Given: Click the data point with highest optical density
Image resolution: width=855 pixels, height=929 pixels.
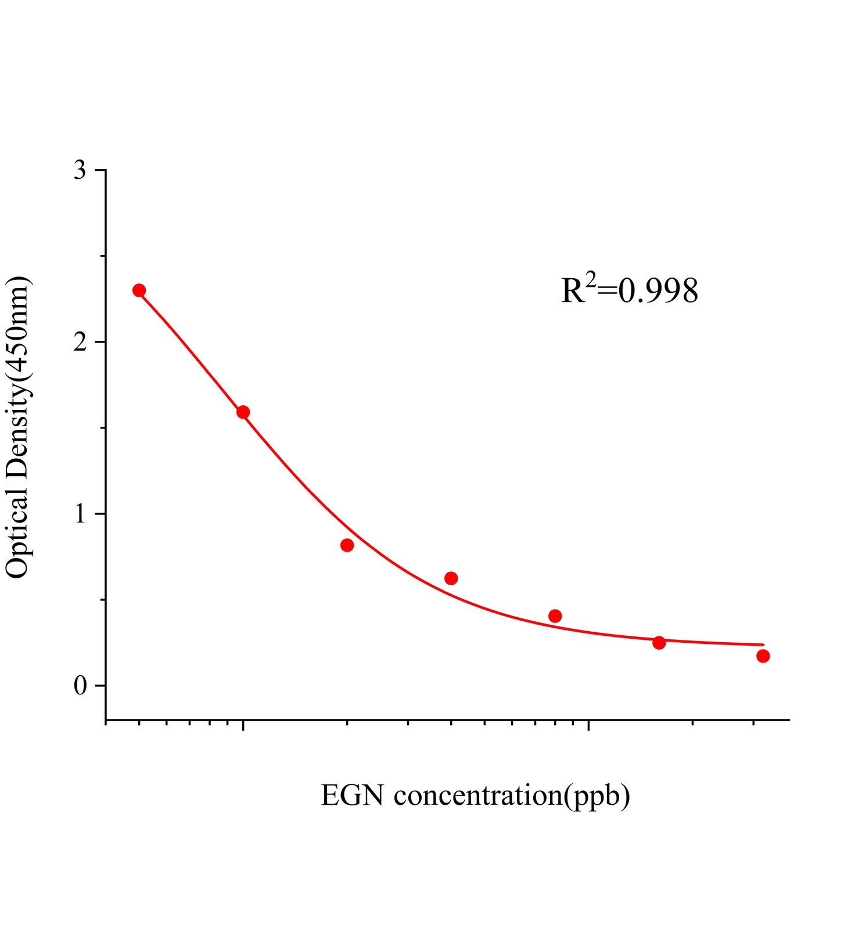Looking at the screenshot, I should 139,290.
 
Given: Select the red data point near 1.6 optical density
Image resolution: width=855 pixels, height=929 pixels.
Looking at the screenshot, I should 243,412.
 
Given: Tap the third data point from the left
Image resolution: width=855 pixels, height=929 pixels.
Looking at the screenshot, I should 347,545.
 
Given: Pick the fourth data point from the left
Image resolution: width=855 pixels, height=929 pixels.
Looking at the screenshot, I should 451,578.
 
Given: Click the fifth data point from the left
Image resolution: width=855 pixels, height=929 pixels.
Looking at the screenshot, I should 555,616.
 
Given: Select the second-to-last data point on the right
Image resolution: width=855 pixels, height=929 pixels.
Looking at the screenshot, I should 659,643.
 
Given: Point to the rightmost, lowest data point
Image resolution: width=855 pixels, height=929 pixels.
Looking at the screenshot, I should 763,656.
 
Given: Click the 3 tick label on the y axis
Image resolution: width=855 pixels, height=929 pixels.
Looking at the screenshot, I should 80,171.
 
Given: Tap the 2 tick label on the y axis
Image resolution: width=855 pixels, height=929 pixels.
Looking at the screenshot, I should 80,343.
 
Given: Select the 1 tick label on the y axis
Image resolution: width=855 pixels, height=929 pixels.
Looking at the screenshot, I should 80,514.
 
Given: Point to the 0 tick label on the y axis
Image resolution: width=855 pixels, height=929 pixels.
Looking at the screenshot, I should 80,686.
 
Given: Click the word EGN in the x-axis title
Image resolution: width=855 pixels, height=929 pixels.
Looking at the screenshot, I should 352,795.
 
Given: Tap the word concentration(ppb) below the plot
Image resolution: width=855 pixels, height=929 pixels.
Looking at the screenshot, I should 512,797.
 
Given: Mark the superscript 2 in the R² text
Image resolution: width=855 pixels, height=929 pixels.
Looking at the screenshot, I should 591,279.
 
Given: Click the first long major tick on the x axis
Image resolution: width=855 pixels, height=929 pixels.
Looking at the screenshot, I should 243,726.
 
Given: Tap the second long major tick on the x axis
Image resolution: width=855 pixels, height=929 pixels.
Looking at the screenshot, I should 589,726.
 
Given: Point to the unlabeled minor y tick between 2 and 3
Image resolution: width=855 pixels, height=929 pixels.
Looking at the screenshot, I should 102,256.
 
